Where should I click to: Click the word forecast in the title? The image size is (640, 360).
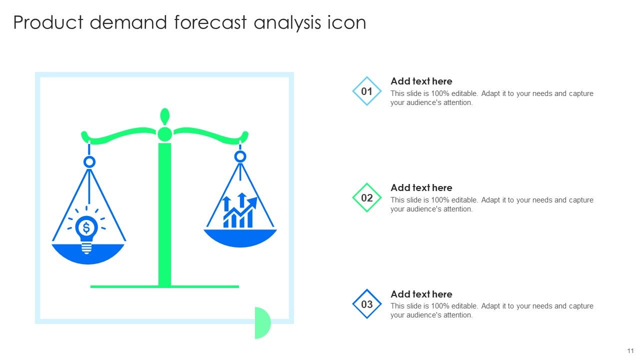211,23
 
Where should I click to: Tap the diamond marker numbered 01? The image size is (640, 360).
367,91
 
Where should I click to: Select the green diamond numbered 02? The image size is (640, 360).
367,198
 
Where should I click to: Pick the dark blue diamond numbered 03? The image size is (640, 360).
367,304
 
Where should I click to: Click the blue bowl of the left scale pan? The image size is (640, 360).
88,254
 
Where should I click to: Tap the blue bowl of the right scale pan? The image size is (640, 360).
240,237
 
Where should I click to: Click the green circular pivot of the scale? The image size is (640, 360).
164,134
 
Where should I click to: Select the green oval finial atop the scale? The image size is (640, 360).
164,116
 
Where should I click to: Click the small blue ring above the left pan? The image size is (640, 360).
89,162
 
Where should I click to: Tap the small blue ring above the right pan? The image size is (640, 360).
240,157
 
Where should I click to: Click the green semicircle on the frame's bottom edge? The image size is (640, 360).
262,323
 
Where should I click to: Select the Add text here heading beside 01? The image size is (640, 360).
421,81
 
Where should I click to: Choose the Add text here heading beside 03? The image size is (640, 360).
421,294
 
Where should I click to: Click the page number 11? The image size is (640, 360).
630,351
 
